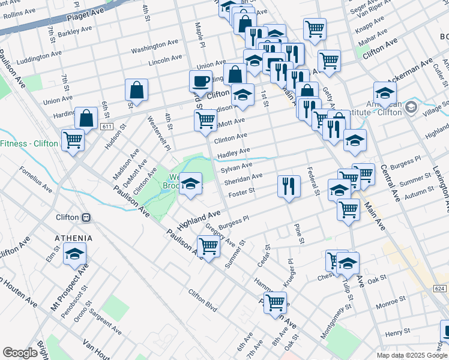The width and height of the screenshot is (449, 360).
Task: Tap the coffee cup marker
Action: click(200, 80)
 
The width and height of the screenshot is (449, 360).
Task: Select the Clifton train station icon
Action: click(86, 217)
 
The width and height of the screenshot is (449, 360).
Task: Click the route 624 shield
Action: click(440, 289)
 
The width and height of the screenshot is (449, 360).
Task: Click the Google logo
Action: click(20, 353)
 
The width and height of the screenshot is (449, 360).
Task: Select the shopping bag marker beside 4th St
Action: click(137, 90)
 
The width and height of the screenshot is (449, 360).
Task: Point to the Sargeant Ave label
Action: click(105, 323)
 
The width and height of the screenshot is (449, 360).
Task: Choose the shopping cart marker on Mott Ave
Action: click(205, 120)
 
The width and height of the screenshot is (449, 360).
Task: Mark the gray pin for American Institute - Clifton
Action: click(411, 108)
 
